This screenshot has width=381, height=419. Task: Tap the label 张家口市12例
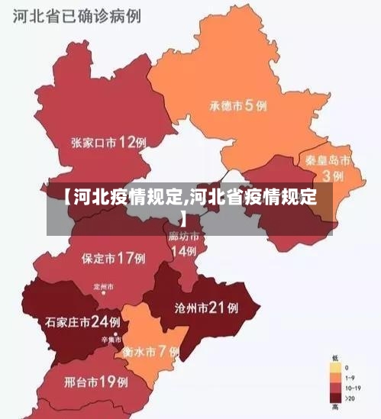click(x=108, y=142)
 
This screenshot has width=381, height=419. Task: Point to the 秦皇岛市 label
click(x=328, y=161)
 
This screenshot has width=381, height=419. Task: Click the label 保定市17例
click(x=113, y=258)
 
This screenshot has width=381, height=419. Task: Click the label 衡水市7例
click(x=150, y=352)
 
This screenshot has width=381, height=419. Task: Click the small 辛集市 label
click(x=106, y=341)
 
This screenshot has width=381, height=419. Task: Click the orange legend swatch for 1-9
click(x=335, y=377)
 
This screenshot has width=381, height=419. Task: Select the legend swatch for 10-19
click(x=335, y=388)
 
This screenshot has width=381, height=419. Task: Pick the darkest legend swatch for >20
click(x=335, y=398)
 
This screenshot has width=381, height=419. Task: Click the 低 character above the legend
click(x=335, y=357)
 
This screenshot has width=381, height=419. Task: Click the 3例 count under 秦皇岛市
click(x=332, y=176)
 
